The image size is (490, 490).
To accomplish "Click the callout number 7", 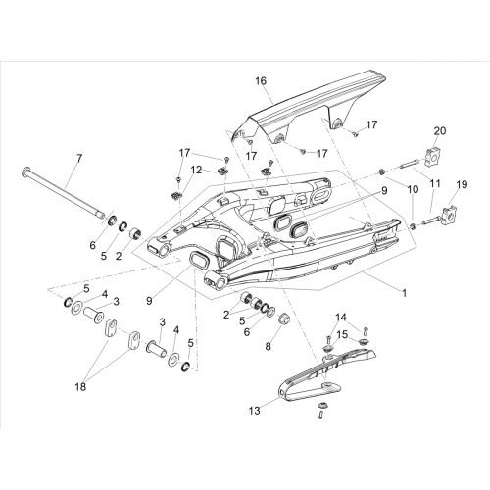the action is tap(79, 159).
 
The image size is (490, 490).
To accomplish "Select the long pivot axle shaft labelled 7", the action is tap(64, 192).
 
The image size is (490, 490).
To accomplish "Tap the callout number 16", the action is tap(261, 80).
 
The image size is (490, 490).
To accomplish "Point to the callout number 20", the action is tap(439, 131).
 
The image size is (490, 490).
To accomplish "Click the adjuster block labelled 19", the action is tap(451, 214).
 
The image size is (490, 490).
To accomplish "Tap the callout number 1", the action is tap(404, 293).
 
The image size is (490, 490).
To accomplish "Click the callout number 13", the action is tap(254, 410).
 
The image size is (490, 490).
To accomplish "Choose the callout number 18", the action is tap(80, 387).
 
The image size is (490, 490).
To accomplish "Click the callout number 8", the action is tap(268, 346).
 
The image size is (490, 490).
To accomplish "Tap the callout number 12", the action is tap(197, 170).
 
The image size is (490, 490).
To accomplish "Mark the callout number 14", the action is tap(340, 318).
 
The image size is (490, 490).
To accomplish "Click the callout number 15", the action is tap(342, 334).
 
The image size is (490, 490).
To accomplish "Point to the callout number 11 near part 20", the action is tap(434, 183).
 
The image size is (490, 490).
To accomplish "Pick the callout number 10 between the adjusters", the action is tap(413, 189).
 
